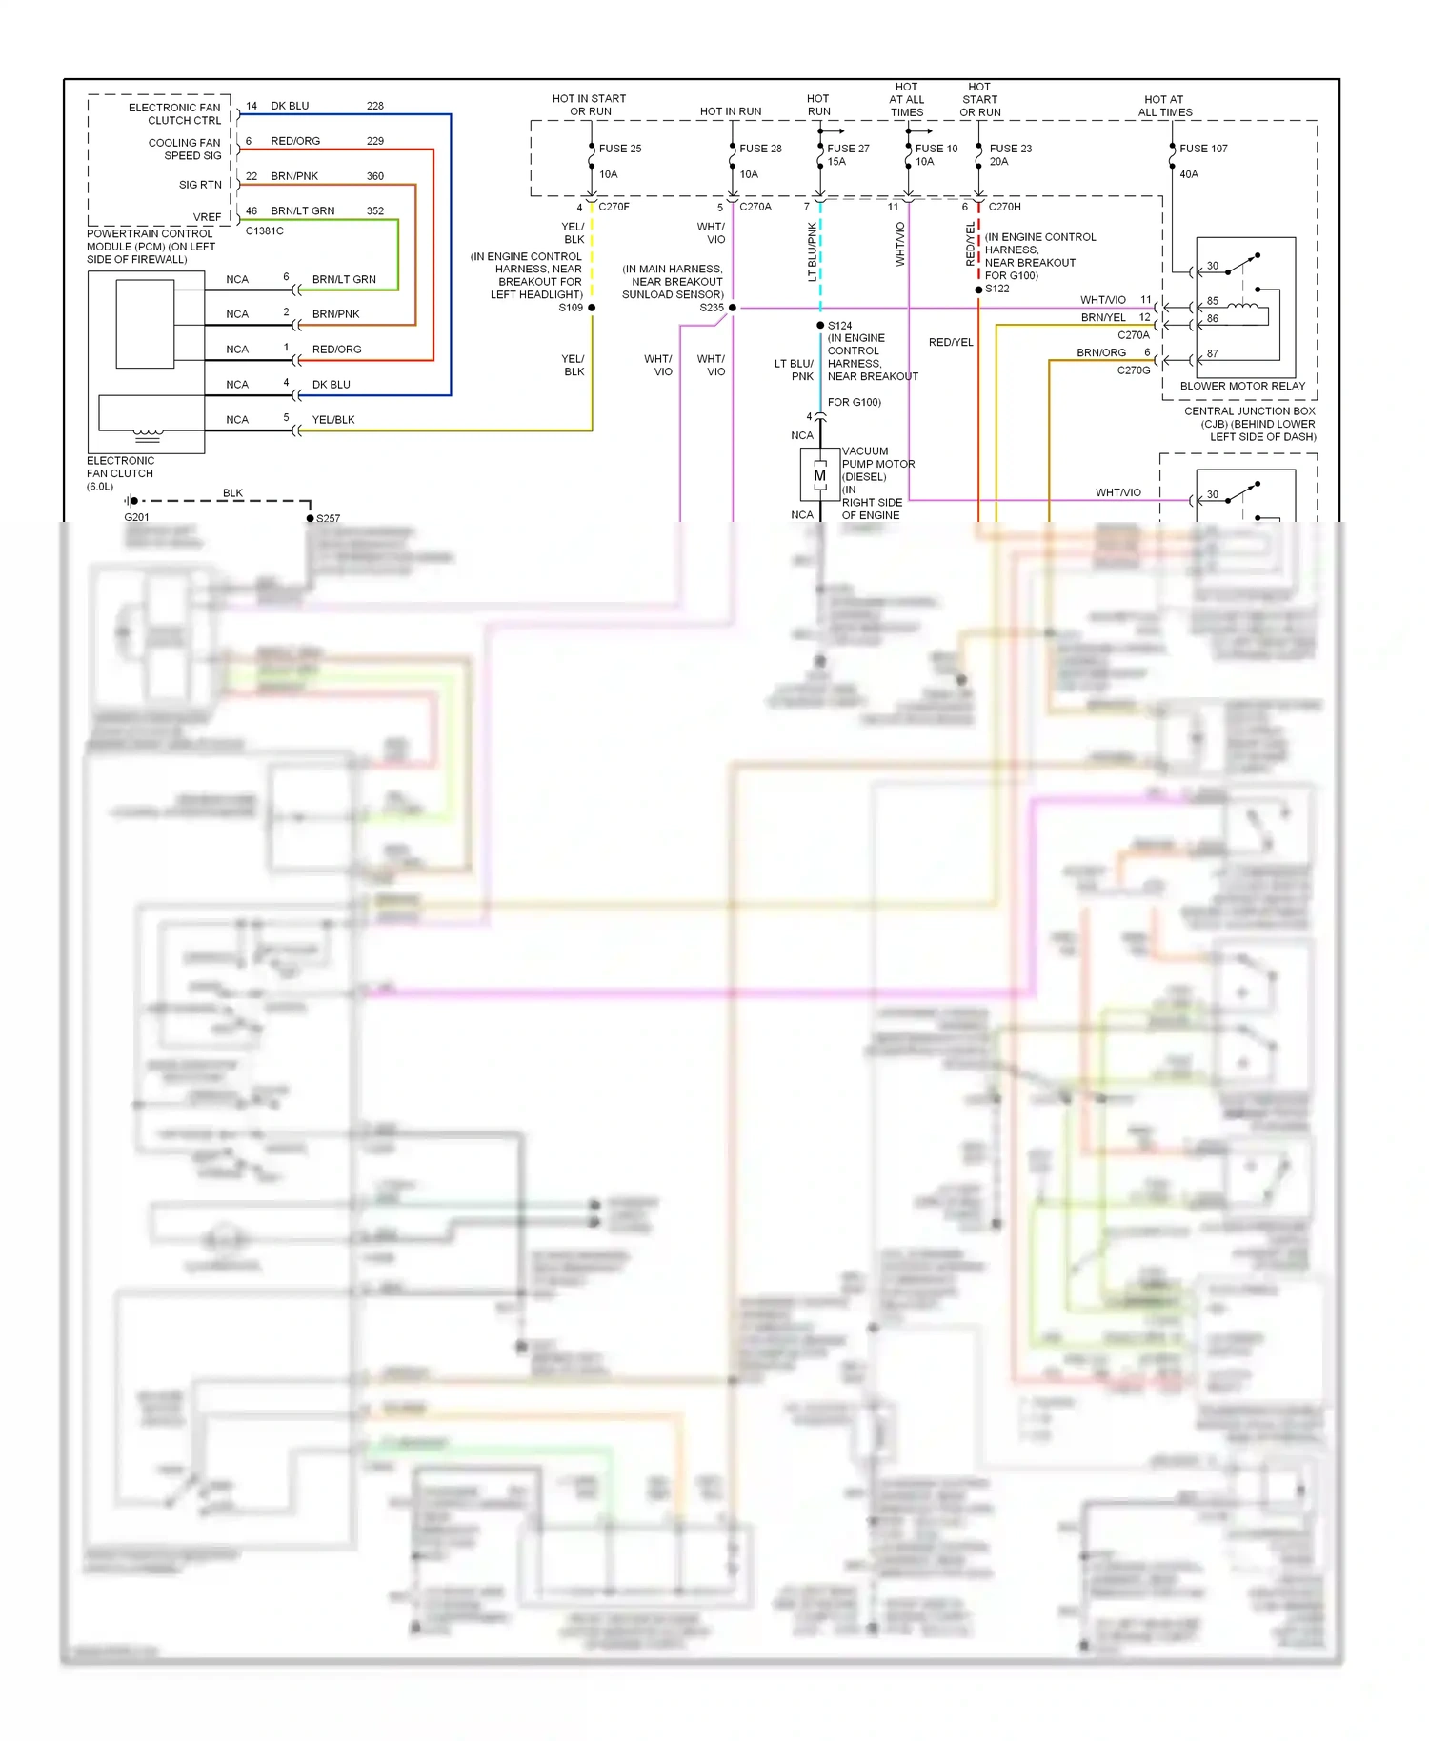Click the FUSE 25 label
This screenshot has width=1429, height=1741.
[x=619, y=149]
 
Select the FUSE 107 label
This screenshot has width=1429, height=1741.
[x=1203, y=149]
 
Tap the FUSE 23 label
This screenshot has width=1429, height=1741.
[x=1010, y=149]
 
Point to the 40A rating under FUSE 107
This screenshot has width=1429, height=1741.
[x=1189, y=174]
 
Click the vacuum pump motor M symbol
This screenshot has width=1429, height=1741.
[x=819, y=475]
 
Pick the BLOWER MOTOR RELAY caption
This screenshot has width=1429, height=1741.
[x=1242, y=386]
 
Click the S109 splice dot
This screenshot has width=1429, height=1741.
[x=592, y=308]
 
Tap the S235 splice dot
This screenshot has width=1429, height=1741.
[x=732, y=308]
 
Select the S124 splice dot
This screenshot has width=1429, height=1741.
[x=820, y=326]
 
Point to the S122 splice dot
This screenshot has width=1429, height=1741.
[x=978, y=290]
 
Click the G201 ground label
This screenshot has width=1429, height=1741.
[x=136, y=517]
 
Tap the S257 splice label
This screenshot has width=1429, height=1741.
[x=328, y=519]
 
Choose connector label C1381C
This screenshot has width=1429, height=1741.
[x=264, y=230]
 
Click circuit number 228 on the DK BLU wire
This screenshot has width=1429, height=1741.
[x=375, y=106]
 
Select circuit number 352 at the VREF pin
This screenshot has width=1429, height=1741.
[x=375, y=210]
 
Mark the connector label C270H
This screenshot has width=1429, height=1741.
[x=1004, y=207]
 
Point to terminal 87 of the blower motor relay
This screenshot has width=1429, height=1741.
[x=1212, y=353]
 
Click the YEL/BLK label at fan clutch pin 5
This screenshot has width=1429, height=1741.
[x=333, y=420]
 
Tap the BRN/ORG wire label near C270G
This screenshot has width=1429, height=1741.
[x=1101, y=352]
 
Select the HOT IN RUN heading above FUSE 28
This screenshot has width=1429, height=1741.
[x=731, y=111]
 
